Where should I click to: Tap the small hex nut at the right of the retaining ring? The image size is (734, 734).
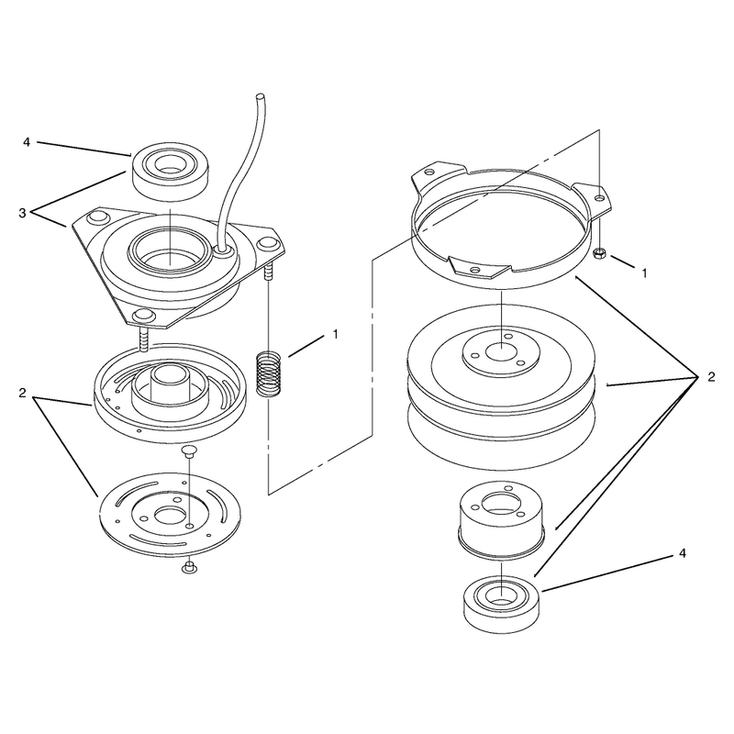[x=599, y=254]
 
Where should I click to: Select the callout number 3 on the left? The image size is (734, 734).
[x=22, y=213]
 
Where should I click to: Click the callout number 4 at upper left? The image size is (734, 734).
[x=27, y=141]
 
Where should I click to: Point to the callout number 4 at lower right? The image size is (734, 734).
[x=683, y=553]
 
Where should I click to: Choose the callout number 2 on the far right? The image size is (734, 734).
[x=711, y=377]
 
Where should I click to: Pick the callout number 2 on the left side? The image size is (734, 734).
[x=22, y=394]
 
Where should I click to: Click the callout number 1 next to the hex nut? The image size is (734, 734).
[x=644, y=272]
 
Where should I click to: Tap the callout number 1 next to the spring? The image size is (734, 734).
[x=335, y=334]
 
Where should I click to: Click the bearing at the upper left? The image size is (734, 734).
[x=170, y=172]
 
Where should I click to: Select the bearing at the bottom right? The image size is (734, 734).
[x=501, y=605]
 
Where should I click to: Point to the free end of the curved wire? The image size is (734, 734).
[x=259, y=96]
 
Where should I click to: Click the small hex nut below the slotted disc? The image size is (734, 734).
[x=189, y=567]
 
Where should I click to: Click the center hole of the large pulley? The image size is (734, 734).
[x=501, y=352]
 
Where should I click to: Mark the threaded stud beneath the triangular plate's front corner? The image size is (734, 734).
[x=144, y=339]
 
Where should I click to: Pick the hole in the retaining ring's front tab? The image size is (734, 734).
[x=475, y=270]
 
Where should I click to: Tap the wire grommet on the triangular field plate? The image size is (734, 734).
[x=223, y=250]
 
